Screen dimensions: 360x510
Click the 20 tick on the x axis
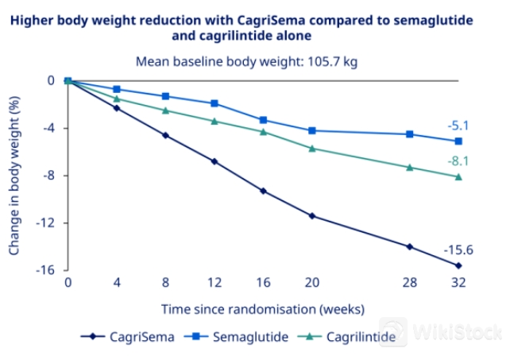tap(312, 283)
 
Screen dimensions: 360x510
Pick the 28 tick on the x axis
tap(410, 283)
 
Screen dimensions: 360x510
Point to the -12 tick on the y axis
tap(47, 223)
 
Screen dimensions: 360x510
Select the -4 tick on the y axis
tap(50, 128)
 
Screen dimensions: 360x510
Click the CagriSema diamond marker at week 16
tap(263, 192)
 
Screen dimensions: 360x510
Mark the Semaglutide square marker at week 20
tap(312, 130)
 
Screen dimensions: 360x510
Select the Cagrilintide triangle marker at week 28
tap(410, 167)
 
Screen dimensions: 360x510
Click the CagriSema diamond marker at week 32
tap(458, 265)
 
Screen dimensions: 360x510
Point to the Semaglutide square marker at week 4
tap(117, 89)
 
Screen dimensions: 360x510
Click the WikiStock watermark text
tap(450, 330)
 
